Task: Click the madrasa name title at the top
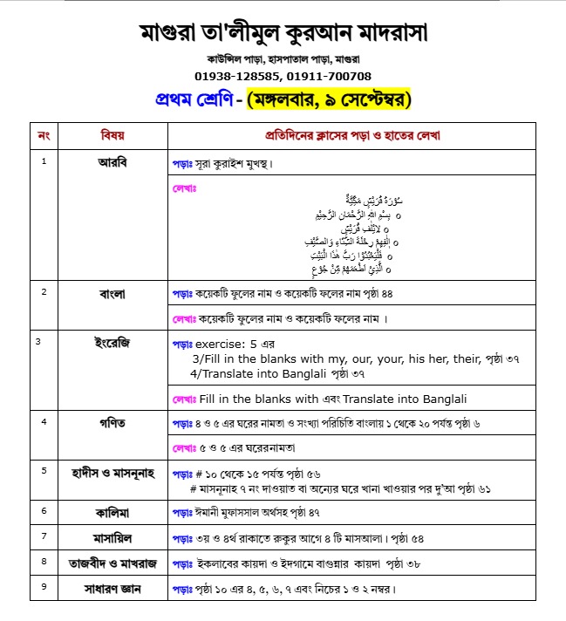tap(283, 34)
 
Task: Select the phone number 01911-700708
tap(332, 76)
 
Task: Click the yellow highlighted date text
tap(330, 99)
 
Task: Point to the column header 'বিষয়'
tap(113, 136)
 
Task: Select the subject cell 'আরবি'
tap(113, 162)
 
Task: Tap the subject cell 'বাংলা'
tap(113, 293)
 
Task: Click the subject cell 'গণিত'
tap(113, 423)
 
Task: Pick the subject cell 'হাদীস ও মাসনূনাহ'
tap(113, 472)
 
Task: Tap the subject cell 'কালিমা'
tap(113, 510)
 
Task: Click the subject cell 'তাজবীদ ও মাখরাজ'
tap(113, 563)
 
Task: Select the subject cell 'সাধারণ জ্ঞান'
tap(113, 590)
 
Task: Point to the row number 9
tap(44, 587)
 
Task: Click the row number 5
tap(44, 470)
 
